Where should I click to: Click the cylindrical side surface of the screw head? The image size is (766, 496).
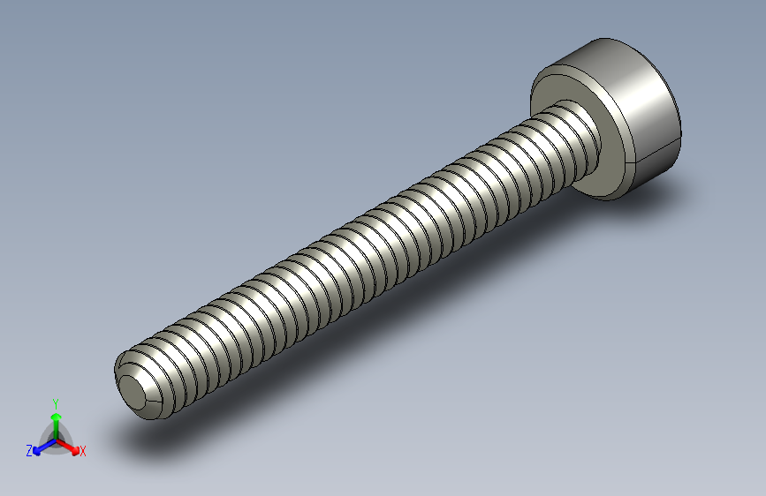click(x=649, y=115)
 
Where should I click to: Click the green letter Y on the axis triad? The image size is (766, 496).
click(x=55, y=402)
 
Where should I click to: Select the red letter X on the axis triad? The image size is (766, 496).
click(x=83, y=451)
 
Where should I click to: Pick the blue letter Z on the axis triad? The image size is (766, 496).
click(x=29, y=450)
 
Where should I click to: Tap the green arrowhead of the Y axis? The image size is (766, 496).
click(x=55, y=415)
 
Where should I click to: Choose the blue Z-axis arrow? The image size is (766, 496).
click(x=40, y=447)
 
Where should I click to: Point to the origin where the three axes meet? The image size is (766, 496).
click(x=55, y=439)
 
